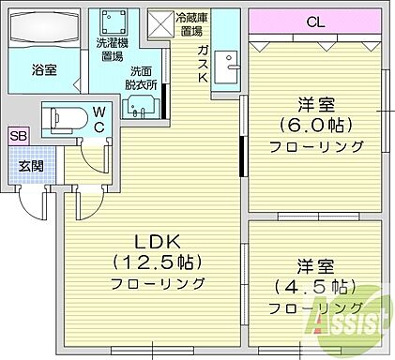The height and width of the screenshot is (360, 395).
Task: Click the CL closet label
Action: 317,22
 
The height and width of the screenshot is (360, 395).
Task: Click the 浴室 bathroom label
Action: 43,68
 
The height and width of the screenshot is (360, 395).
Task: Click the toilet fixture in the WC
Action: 69,120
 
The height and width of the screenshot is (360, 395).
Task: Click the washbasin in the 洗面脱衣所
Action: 141,106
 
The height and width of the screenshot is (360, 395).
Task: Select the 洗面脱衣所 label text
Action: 142,77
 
